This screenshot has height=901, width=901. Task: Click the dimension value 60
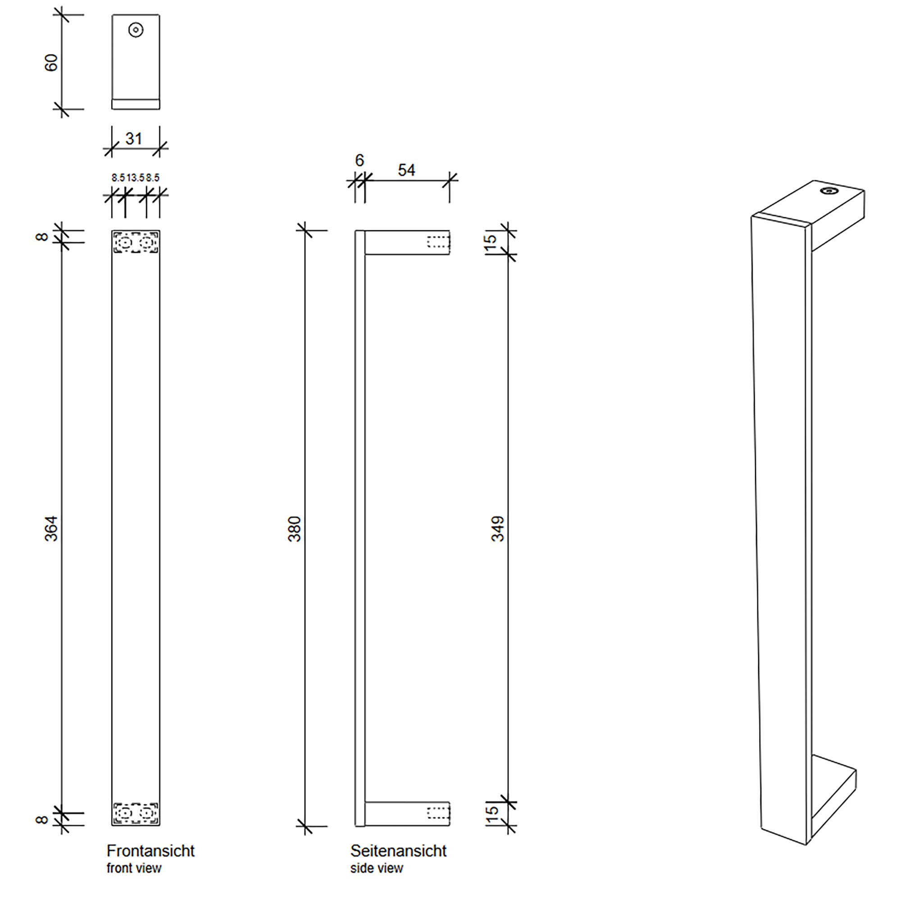tap(51, 63)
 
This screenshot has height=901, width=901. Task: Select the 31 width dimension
tap(133, 138)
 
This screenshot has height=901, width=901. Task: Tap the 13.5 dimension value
tap(136, 177)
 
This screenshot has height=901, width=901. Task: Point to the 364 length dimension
tap(51, 528)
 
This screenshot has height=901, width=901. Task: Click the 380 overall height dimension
tap(295, 529)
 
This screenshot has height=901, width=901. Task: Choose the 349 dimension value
tap(498, 529)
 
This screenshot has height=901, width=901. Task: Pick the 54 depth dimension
tap(406, 170)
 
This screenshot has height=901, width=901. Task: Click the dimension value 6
tap(359, 160)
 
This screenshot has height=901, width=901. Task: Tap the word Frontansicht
tap(150, 851)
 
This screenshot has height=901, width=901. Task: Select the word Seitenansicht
tap(398, 851)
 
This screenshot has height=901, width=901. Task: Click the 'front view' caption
tap(134, 868)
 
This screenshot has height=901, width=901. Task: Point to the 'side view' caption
tap(376, 868)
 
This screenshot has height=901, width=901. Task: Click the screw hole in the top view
tap(136, 30)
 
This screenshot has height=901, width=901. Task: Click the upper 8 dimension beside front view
tap(42, 237)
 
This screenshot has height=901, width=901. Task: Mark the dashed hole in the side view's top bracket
tap(438, 242)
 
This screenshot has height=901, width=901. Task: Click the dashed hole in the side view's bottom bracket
tap(438, 813)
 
